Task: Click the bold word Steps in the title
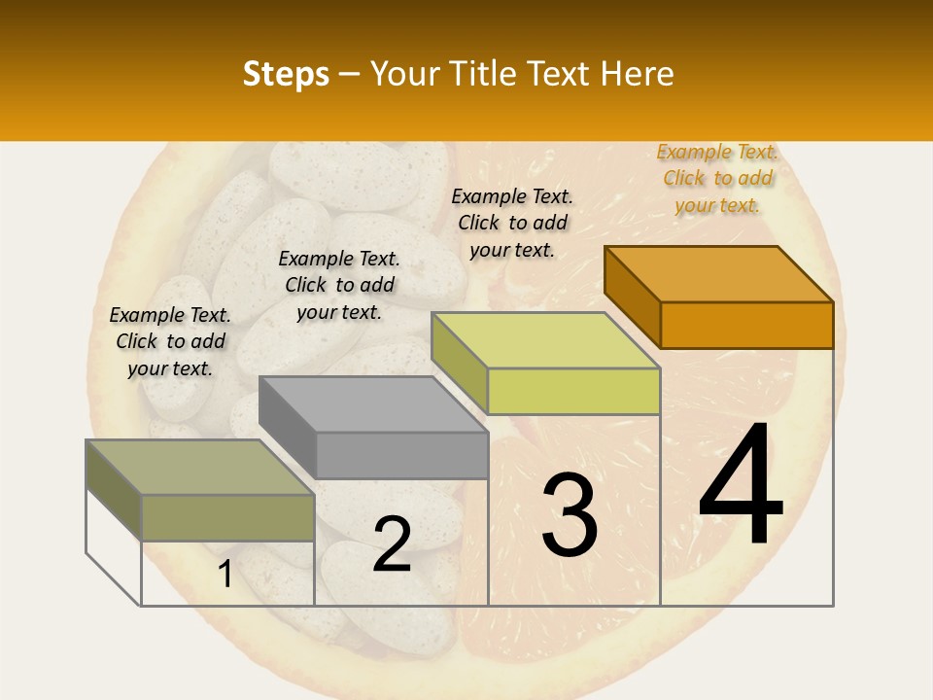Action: (286, 74)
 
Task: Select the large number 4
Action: (741, 486)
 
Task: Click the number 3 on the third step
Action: (570, 515)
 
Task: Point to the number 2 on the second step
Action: (392, 544)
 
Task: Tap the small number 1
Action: (225, 575)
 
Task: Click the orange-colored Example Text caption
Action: (717, 178)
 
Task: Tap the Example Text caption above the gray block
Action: (339, 285)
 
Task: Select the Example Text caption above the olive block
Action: (170, 341)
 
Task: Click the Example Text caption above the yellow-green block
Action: (512, 223)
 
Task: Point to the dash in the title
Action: (350, 74)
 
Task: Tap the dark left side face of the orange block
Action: (632, 297)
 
